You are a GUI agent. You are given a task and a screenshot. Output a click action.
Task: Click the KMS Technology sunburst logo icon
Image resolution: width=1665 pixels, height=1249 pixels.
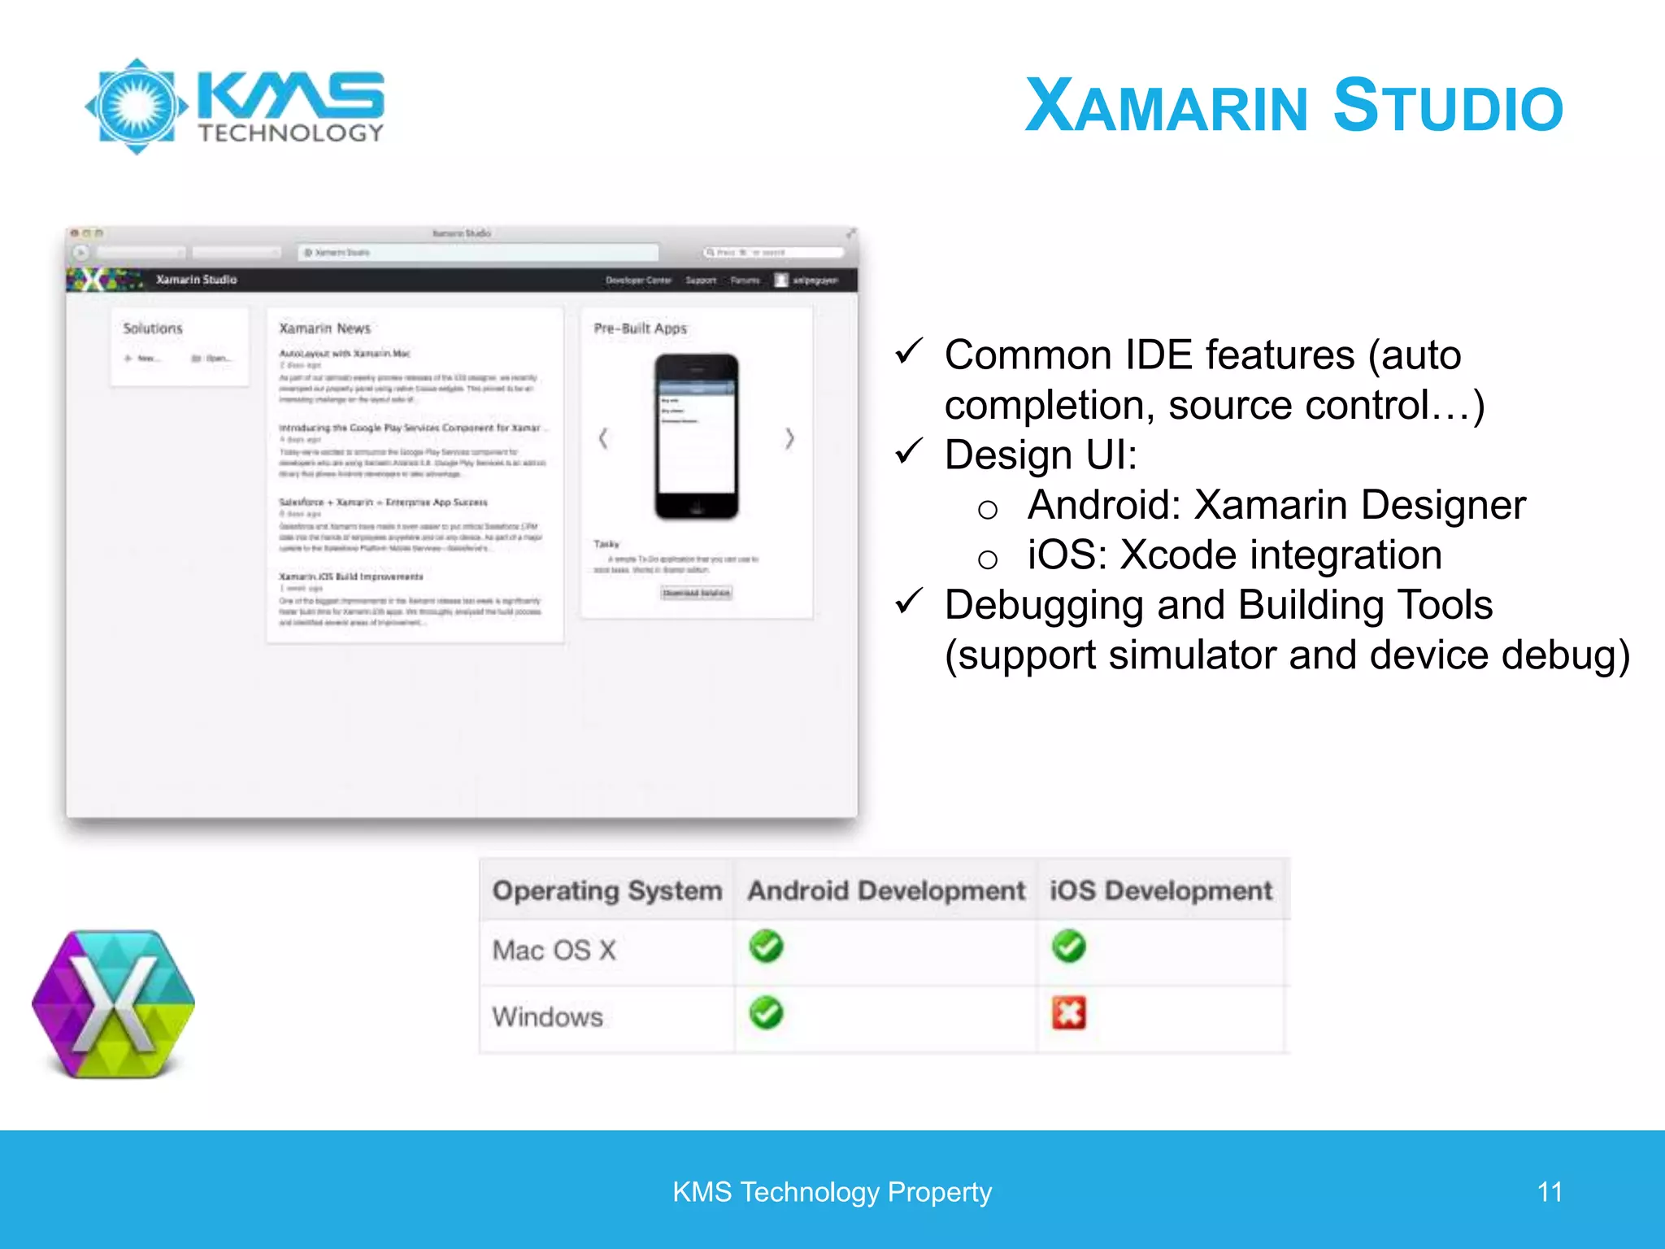tap(137, 107)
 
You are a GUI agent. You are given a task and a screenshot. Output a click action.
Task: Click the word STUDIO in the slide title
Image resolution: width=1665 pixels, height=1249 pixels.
tap(1448, 107)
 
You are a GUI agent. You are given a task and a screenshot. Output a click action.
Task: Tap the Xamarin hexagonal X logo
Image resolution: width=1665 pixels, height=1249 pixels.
tap(114, 1004)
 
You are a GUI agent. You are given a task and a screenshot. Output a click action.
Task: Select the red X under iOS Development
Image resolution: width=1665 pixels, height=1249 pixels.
tap(1068, 1013)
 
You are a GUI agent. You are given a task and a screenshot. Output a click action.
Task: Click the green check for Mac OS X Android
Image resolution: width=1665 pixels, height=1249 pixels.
tap(766, 947)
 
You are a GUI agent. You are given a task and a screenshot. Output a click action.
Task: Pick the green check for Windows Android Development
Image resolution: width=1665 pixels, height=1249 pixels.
tap(766, 1013)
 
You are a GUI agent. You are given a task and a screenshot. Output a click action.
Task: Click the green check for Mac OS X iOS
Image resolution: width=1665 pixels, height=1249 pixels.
tap(1068, 947)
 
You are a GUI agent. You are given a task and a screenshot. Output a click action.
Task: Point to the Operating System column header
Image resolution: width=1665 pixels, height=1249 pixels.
tap(606, 891)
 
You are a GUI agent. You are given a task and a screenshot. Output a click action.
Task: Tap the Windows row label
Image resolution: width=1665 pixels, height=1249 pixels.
tap(547, 1016)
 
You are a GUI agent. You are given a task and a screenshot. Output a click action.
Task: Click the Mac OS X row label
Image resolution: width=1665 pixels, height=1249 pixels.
tap(554, 950)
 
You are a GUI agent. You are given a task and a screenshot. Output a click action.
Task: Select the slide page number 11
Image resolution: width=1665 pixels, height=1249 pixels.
tap(1550, 1192)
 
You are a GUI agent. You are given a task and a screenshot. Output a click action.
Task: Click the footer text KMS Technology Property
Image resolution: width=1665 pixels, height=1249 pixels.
tap(832, 1192)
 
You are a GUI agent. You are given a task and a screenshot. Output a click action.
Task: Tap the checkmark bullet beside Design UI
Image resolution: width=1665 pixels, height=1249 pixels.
tap(909, 451)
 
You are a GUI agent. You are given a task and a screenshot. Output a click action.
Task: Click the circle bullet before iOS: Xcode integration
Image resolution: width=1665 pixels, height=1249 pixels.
tap(988, 559)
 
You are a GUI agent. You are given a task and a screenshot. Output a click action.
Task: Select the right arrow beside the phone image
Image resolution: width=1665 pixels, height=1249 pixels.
tap(789, 439)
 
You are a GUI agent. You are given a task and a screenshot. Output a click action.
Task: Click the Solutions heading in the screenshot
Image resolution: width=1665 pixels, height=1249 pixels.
tap(153, 329)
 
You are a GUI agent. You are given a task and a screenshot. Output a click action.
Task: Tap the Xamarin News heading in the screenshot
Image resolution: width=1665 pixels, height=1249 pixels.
tap(324, 329)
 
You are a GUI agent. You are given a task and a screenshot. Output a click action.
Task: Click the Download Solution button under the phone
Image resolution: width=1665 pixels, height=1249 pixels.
tap(696, 593)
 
